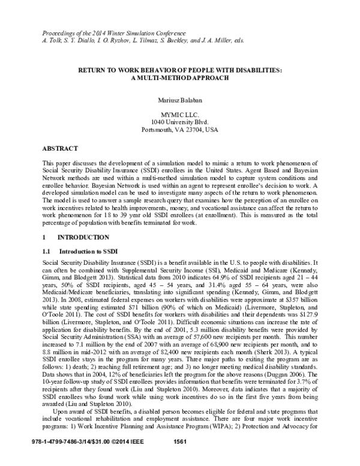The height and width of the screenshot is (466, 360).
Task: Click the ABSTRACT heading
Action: (62, 147)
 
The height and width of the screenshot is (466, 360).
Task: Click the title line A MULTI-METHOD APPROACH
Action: (179, 78)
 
